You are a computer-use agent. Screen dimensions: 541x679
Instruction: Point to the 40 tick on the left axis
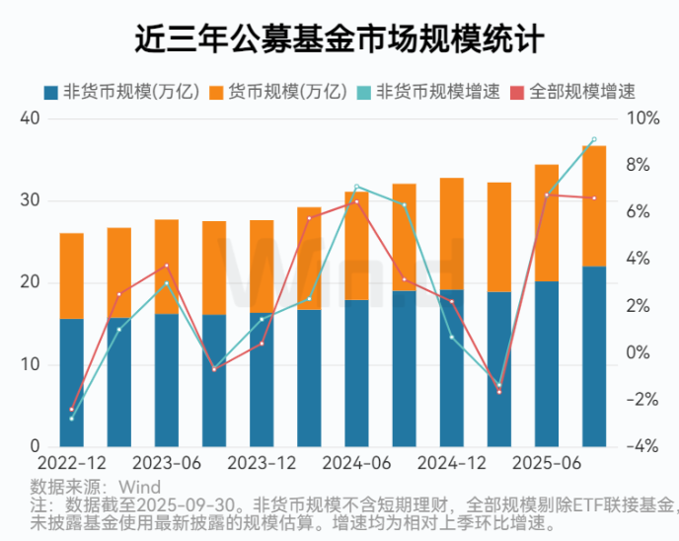click(x=30, y=118)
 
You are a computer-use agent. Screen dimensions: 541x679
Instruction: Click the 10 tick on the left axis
click(x=30, y=365)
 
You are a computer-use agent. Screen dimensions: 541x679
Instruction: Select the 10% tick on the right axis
click(x=643, y=118)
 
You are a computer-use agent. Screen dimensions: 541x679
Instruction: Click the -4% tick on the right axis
click(x=643, y=447)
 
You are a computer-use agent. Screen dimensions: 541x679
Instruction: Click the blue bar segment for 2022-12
click(x=72, y=383)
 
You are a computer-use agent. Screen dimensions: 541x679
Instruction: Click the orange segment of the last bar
click(x=594, y=205)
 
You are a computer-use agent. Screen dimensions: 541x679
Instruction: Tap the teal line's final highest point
click(x=594, y=140)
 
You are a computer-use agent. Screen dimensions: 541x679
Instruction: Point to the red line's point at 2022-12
click(x=72, y=410)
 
